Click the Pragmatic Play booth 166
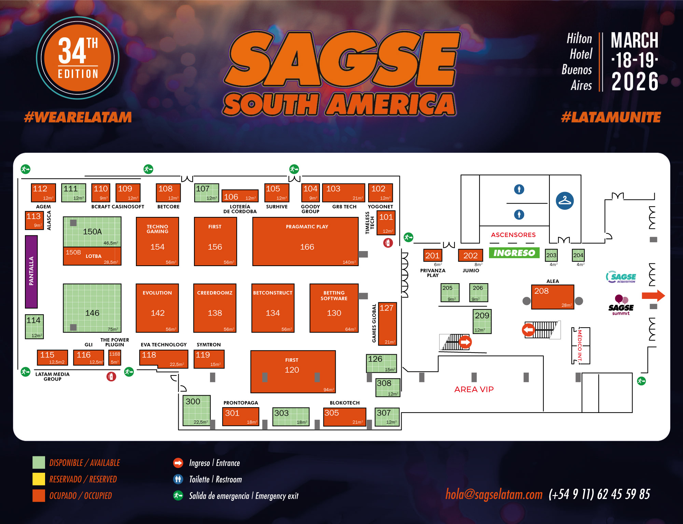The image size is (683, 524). point(305,242)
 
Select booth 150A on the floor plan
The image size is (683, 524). point(92,232)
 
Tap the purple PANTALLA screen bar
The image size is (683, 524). point(31,272)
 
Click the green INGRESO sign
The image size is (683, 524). point(514,253)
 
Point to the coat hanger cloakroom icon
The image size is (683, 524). point(564,201)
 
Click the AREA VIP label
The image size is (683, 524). point(474,389)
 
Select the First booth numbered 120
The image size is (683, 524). point(293,372)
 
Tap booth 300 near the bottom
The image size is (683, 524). point(196,410)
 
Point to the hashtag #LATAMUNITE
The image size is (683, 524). point(611,118)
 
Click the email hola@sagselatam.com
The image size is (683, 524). point(494,494)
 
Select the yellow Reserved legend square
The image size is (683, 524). point(39,479)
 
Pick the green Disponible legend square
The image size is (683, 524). point(39,463)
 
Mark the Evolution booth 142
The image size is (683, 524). point(157,308)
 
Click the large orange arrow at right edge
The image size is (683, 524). point(653,296)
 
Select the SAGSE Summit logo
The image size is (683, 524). point(621,305)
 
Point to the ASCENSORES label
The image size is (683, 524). point(513,235)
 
